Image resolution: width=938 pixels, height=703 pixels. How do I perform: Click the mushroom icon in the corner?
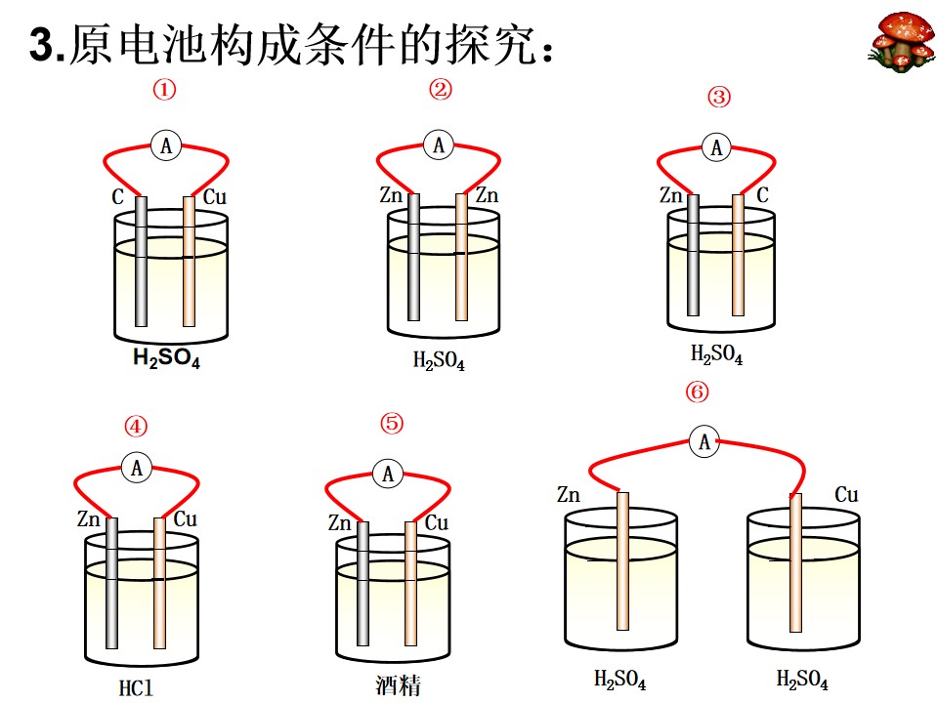tap(902, 42)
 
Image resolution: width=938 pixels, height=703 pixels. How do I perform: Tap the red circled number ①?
tap(164, 90)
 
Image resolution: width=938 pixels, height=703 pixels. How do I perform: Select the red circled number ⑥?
tap(697, 393)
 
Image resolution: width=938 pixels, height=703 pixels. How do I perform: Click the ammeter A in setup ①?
tap(166, 145)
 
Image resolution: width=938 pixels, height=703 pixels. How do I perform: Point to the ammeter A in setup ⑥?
tap(704, 441)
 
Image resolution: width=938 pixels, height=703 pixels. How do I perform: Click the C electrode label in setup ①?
tap(118, 196)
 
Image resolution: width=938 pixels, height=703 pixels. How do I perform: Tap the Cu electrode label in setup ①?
tap(215, 196)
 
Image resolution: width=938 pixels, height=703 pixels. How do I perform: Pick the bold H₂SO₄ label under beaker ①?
tap(166, 358)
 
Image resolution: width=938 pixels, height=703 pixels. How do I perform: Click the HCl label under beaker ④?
tap(136, 688)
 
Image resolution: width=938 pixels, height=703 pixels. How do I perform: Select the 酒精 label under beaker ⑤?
tap(398, 685)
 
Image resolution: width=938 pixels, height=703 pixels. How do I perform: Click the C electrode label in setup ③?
tap(762, 195)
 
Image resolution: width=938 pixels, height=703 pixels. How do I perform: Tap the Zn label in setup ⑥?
tap(569, 494)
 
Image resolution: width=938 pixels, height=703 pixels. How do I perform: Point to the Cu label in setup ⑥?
tap(846, 494)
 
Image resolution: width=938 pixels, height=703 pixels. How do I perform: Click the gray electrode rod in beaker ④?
tap(111, 583)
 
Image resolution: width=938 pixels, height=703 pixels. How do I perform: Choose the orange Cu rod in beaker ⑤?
tap(410, 584)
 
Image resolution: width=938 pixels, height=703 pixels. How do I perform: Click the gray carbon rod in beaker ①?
tap(141, 262)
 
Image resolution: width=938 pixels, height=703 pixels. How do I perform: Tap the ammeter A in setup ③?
tap(716, 147)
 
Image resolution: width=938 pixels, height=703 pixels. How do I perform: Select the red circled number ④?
tap(136, 427)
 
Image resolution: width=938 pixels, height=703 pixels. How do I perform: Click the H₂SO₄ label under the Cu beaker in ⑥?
tap(802, 680)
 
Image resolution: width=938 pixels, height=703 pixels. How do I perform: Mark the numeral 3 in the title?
tap(42, 44)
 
